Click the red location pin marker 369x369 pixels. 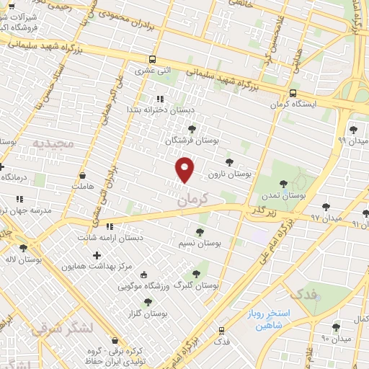tap(186, 169)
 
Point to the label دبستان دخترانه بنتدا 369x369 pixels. tap(159, 110)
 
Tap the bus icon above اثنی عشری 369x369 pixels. tap(152, 60)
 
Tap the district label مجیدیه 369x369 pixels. tap(53, 143)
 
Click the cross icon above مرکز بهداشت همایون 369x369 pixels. tap(97, 255)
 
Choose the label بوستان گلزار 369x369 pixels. tap(148, 314)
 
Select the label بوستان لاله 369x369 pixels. tap(25, 257)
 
